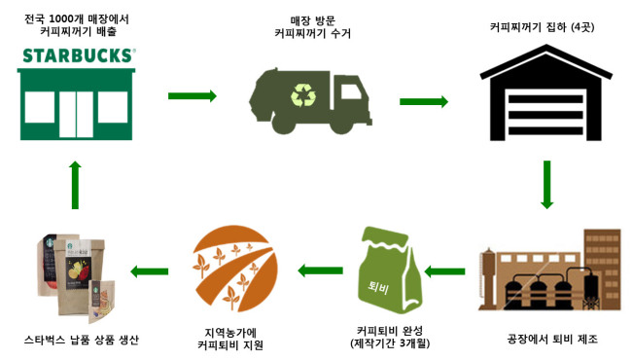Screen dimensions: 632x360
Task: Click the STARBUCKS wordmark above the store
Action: click(79, 55)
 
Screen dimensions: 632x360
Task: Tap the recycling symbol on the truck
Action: click(303, 95)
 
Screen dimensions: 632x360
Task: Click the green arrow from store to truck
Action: click(193, 96)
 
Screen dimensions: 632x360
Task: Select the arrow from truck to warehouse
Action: click(424, 101)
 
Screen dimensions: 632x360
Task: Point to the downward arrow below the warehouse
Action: click(546, 185)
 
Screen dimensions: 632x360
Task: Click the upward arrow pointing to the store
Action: click(75, 185)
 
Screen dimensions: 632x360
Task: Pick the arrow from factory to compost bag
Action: click(444, 271)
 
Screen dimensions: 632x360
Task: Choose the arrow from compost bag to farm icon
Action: click(321, 270)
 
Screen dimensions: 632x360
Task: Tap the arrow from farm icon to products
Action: click(149, 271)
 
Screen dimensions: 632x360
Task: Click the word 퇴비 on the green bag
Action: click(378, 287)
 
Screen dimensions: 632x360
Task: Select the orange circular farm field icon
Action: click(235, 269)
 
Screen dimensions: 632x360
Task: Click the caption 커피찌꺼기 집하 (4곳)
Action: click(543, 27)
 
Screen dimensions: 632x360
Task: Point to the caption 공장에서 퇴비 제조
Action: click(552, 339)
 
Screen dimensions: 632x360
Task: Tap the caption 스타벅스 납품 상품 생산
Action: click(82, 340)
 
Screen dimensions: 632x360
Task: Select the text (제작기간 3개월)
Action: click(390, 343)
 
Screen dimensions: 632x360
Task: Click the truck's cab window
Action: click(351, 91)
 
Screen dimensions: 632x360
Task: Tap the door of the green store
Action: click(76, 114)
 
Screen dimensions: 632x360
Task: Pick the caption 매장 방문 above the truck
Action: click(313, 20)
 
